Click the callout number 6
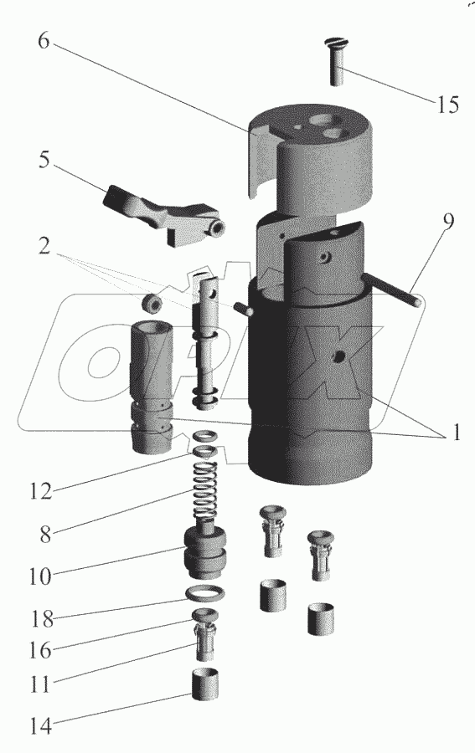(x=44, y=42)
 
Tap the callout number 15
(x=447, y=105)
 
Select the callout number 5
(x=44, y=160)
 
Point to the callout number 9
(x=448, y=222)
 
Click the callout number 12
(x=40, y=491)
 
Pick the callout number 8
(x=45, y=535)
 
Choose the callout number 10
(x=40, y=576)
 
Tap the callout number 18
(x=42, y=619)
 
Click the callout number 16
(x=40, y=651)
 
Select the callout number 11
(x=40, y=684)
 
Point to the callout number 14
(x=40, y=726)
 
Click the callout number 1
(x=454, y=433)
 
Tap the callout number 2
(x=44, y=246)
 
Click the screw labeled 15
(x=338, y=62)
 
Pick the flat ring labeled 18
(x=204, y=594)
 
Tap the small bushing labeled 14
(x=206, y=684)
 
